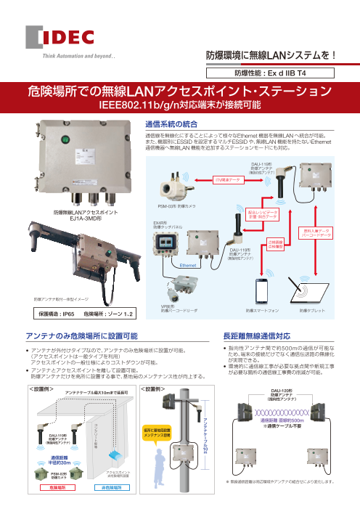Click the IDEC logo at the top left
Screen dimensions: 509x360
(52, 38)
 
